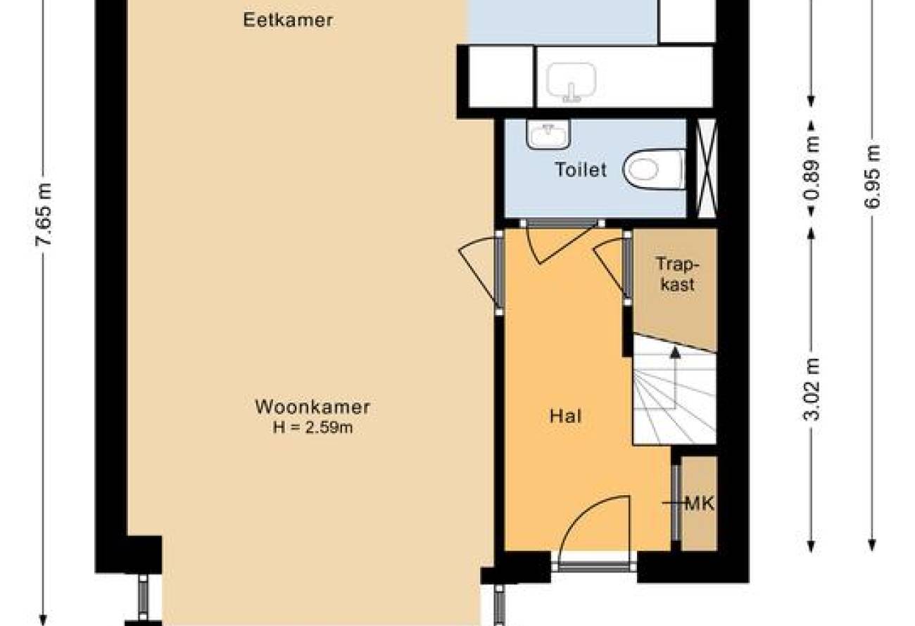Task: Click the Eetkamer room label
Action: click(x=288, y=20)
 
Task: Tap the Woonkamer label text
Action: click(x=313, y=407)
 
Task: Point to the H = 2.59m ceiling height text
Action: click(x=313, y=428)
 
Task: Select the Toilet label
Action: click(x=581, y=170)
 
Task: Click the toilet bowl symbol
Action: click(x=655, y=170)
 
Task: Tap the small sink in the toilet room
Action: click(x=548, y=134)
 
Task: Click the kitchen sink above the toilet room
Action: click(x=571, y=82)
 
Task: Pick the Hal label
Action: click(x=566, y=416)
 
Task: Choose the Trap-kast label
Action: click(x=677, y=274)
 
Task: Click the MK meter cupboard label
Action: click(x=699, y=504)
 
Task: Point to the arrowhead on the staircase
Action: click(x=676, y=352)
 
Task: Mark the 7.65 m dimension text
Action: click(x=44, y=215)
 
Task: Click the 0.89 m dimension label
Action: click(x=812, y=167)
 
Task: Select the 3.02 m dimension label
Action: click(x=812, y=390)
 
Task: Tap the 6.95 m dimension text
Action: click(x=872, y=177)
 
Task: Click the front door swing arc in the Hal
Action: click(x=584, y=515)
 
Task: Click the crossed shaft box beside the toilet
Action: click(x=707, y=168)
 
